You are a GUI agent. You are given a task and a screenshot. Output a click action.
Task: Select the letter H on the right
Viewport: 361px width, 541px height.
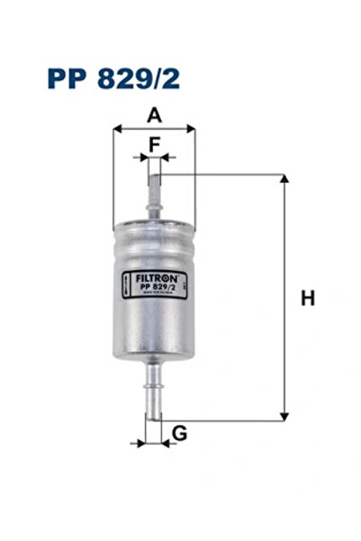click(308, 298)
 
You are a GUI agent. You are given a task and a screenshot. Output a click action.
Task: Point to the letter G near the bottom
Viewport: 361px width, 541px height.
click(179, 434)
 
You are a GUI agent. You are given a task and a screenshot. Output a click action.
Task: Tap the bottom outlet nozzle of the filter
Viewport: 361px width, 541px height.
click(154, 392)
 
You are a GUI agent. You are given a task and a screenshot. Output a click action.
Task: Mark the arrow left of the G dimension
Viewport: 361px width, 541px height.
click(138, 443)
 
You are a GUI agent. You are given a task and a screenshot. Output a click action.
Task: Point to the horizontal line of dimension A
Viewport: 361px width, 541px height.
click(154, 129)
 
